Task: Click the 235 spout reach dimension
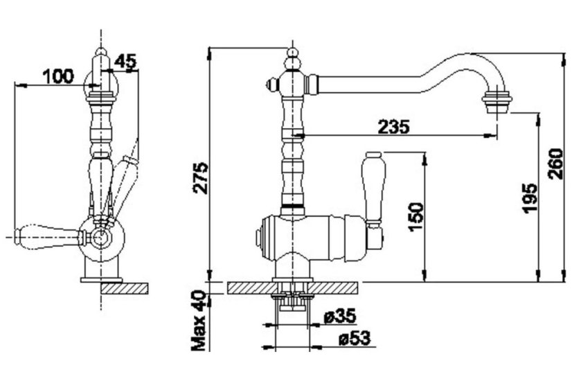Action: [393, 127]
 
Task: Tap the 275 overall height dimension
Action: [201, 178]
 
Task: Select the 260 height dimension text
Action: [555, 163]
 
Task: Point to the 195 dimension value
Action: [529, 199]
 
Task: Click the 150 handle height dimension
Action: [416, 217]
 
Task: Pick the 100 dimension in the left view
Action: [58, 76]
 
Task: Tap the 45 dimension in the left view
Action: [125, 62]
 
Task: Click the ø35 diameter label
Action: [340, 316]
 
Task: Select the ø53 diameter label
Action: [355, 338]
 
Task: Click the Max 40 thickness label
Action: [199, 321]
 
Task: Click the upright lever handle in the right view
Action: [373, 188]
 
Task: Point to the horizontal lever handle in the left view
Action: [47, 238]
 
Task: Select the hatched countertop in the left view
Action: [125, 288]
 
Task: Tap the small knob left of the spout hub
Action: [272, 85]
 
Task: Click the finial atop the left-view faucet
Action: [101, 51]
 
